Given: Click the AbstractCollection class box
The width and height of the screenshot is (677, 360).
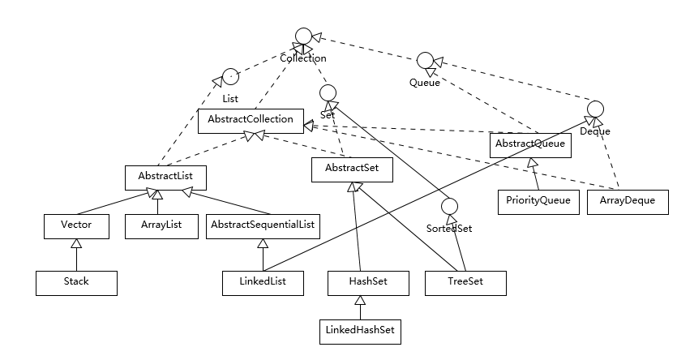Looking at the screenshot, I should pos(251,120).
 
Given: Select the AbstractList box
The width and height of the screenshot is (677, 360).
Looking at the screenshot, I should pos(165,174).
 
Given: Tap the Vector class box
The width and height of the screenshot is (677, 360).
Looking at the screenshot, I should pos(76,226).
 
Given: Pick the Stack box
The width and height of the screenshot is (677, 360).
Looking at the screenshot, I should pos(76,282).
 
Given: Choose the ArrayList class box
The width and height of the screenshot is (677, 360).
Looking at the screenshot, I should pos(161,226).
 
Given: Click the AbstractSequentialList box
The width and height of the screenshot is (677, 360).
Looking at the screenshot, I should pos(263,226).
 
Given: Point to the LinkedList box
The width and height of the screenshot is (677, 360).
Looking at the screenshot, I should pos(263,282).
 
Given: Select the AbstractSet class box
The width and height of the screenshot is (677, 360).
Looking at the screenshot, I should pos(352,169).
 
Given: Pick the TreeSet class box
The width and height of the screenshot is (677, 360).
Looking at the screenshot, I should pos(465,282).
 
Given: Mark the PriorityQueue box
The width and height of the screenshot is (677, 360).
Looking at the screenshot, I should pos(539,201).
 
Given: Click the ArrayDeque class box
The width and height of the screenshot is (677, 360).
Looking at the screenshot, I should pos(627,201).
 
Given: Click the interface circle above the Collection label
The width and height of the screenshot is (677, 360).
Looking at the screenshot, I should pos(303,36).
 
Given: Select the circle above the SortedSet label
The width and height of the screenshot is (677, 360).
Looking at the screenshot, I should pos(451,208).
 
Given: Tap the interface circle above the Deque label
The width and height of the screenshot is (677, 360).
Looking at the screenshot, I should pos(595,109).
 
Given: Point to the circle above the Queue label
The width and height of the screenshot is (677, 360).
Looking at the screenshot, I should pos(425,61).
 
